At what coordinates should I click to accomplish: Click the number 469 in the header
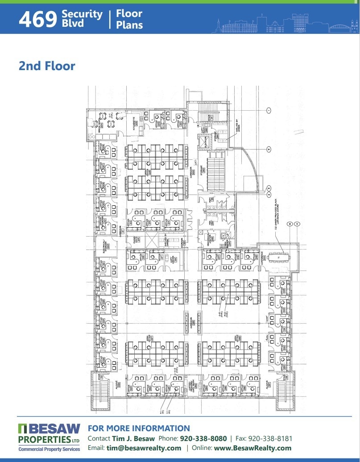38,19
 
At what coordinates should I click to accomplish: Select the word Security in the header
82,14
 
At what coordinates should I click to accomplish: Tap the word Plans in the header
129,24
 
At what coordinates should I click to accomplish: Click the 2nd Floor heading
47,66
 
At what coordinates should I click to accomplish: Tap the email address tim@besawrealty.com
144,448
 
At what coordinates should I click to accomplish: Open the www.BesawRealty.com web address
252,448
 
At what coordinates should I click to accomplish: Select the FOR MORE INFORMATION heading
139,429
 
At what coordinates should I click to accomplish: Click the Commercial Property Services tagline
49,450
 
